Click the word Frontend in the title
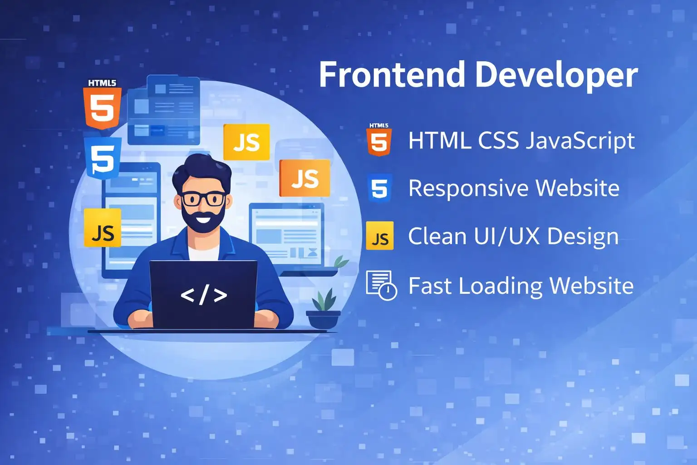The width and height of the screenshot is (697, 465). [392, 75]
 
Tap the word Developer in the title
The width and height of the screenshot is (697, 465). [557, 76]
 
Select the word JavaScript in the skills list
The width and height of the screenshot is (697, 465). [580, 141]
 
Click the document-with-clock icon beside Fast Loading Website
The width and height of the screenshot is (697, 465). [382, 285]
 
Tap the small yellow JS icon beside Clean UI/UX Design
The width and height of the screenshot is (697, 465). [380, 236]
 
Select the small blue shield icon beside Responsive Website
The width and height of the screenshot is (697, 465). [380, 188]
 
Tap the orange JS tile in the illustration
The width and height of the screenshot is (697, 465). [304, 178]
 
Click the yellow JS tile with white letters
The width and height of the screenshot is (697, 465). [246, 142]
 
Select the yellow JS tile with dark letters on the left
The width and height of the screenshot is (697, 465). [103, 228]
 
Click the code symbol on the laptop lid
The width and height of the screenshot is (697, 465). [204, 295]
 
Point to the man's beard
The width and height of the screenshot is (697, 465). [203, 220]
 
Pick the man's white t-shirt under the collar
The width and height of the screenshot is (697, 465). [204, 253]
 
